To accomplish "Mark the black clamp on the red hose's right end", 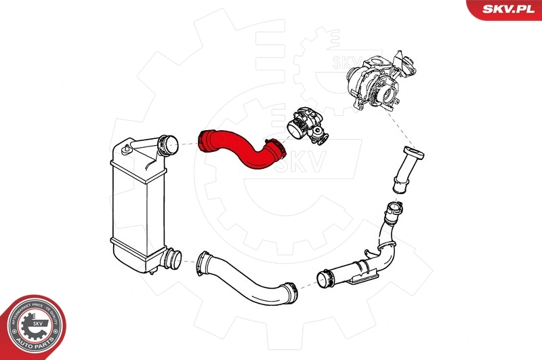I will point(274,148).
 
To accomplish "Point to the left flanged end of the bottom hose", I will point(202,262).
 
